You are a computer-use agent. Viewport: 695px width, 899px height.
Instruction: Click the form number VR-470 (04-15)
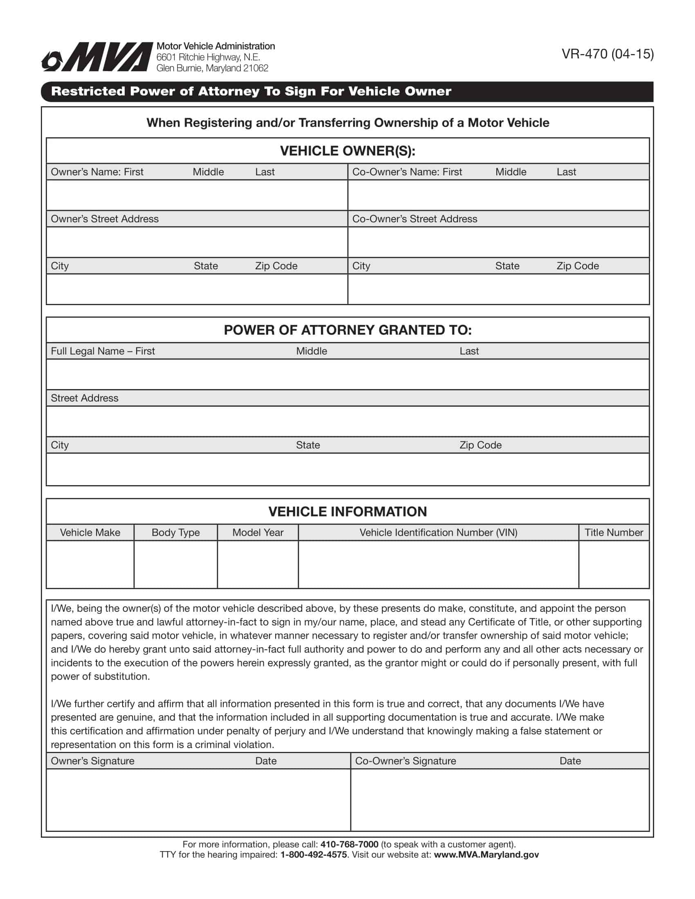tap(607, 54)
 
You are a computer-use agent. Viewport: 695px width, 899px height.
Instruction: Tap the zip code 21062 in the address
tap(256, 68)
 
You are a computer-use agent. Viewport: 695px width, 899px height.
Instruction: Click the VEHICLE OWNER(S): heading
tap(347, 151)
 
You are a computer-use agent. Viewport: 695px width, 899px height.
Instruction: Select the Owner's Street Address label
tap(105, 219)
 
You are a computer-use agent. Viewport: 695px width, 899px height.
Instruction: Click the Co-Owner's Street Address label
tap(415, 219)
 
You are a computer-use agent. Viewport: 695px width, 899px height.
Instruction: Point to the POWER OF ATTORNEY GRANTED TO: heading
tap(347, 330)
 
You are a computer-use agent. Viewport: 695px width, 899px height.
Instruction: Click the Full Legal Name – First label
tap(103, 351)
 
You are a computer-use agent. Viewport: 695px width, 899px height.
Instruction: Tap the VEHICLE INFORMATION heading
tap(347, 512)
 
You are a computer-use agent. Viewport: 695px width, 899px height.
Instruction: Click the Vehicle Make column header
tap(90, 532)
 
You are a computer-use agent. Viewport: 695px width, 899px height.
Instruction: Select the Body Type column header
tap(175, 532)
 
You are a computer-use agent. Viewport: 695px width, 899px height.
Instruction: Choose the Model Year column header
tap(258, 532)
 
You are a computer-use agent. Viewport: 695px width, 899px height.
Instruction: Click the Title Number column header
tap(614, 532)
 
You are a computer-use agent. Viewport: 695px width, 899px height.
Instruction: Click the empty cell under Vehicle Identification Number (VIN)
tap(438, 564)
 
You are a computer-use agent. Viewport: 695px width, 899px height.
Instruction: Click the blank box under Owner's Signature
tap(198, 799)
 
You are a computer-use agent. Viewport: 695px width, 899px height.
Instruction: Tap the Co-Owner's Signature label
tap(406, 761)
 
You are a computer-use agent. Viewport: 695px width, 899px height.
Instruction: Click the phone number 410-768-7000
tap(349, 845)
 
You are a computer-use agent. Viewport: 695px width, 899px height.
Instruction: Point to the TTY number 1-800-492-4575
tap(313, 854)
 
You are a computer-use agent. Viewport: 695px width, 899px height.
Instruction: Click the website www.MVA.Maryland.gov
tap(486, 854)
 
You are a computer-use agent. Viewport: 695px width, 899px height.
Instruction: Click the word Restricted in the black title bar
tap(88, 92)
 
